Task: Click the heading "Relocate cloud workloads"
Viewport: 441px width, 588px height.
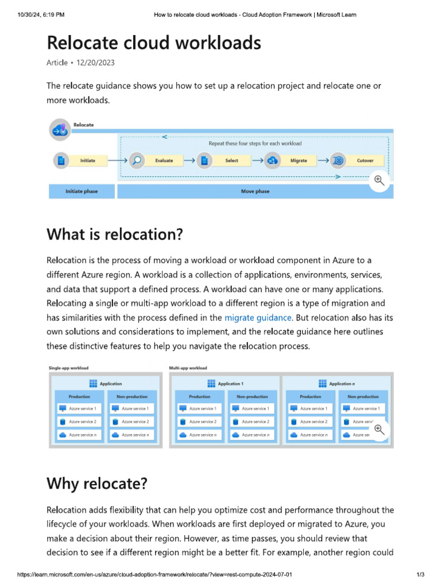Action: point(153,42)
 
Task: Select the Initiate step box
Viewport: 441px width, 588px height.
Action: point(87,160)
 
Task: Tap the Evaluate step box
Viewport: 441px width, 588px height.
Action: point(164,160)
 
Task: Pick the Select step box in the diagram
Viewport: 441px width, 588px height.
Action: point(231,160)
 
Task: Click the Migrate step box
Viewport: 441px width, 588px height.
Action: point(298,160)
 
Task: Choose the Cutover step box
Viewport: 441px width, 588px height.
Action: point(365,160)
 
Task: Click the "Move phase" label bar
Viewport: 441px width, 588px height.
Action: point(255,191)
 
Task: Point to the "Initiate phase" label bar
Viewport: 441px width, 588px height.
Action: point(81,191)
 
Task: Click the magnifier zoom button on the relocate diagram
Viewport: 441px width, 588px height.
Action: point(379,180)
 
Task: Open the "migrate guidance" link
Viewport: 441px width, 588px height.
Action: point(258,318)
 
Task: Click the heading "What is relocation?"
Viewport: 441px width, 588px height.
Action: point(114,234)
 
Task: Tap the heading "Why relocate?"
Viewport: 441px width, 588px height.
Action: point(96,483)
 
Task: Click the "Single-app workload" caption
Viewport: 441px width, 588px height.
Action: point(68,367)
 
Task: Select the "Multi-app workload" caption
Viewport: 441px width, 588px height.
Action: point(188,367)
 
